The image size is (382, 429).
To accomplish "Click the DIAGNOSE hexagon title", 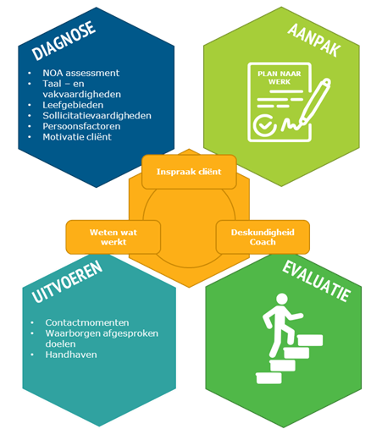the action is pos(64,41).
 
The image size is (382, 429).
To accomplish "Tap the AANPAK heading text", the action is pos(314,40).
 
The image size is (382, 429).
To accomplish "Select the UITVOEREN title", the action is pos(67,281).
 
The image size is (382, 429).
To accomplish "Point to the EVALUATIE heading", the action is pos(317,281).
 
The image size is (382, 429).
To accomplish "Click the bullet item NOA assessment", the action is pos(81,73).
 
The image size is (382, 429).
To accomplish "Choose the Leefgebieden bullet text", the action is pos(73,105).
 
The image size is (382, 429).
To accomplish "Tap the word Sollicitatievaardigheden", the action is pos(97,116).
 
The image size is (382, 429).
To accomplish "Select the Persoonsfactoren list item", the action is pos(81,126).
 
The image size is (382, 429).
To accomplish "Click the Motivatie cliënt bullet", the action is pos(77,137).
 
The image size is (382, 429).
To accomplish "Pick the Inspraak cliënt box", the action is pos(189,172).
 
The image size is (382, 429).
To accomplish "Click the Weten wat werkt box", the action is pos(113,237).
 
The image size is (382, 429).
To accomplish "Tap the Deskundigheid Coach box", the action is pos(263,237).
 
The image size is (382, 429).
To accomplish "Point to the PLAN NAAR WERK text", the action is pos(280,78).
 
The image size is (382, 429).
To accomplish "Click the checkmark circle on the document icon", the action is pos(265,125).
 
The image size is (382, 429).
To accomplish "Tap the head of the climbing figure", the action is pos(282,300).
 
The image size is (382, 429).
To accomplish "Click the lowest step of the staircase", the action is pos(269,378).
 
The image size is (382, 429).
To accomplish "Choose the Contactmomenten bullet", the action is pos(87,322).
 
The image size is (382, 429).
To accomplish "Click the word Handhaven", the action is pos(71,355).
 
